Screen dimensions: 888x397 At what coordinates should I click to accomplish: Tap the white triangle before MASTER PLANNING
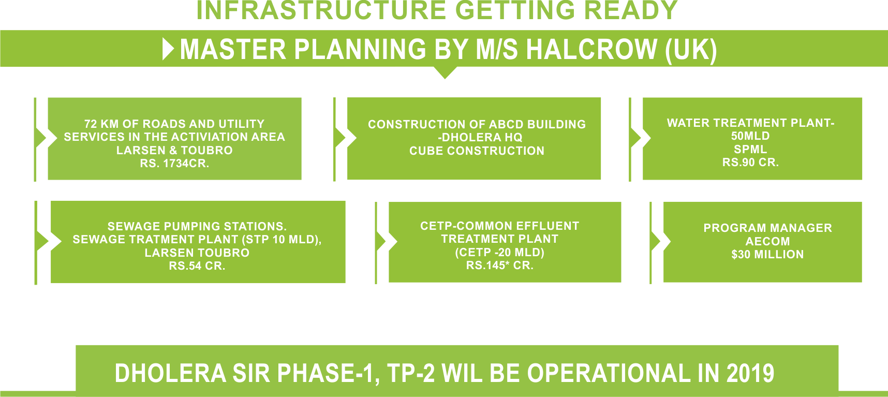point(168,49)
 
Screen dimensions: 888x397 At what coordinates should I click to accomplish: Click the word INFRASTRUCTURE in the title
point(319,10)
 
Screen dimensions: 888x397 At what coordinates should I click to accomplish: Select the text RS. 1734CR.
point(174,164)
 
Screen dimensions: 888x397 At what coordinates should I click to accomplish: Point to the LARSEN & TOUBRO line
point(174,150)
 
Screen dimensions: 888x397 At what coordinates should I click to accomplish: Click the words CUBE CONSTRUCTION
point(477,151)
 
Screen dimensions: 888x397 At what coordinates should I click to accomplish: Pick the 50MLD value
point(750,136)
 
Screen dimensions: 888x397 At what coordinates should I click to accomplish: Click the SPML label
point(750,149)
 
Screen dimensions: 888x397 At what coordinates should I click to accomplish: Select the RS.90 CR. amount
point(750,163)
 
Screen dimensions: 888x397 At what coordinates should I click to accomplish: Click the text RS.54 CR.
point(197,266)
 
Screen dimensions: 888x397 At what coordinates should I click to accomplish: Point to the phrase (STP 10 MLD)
point(281,240)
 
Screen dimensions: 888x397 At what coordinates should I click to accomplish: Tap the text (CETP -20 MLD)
point(499,252)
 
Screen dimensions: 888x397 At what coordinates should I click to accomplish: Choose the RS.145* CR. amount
point(499,266)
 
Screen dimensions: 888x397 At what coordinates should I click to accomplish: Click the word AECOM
point(767,241)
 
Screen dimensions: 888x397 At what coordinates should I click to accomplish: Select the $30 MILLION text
point(767,254)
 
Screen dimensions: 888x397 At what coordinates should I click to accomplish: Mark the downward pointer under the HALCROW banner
point(445,73)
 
